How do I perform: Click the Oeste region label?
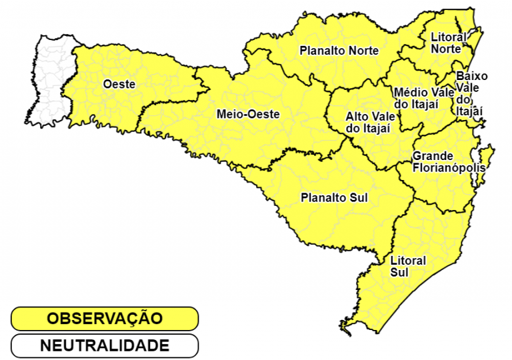[119, 84]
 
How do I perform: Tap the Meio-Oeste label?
[248, 114]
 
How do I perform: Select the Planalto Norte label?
[339, 51]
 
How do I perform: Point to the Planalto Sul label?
[334, 198]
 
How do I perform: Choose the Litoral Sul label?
[407, 266]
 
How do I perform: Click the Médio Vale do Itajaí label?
[420, 98]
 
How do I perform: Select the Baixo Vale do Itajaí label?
[471, 93]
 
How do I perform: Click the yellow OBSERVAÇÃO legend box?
[105, 319]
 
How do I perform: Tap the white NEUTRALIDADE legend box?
[105, 346]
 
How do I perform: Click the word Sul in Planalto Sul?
[357, 198]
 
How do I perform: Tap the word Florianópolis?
[448, 168]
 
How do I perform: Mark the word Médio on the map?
[407, 92]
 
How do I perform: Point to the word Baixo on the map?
[472, 76]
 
